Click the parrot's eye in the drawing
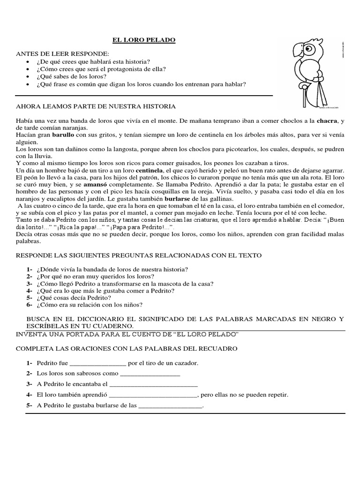[x=309, y=48]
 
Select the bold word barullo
[x=63, y=135]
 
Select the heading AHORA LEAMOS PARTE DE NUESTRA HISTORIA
[x=96, y=106]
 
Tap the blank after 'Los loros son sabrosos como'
[x=150, y=374]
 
